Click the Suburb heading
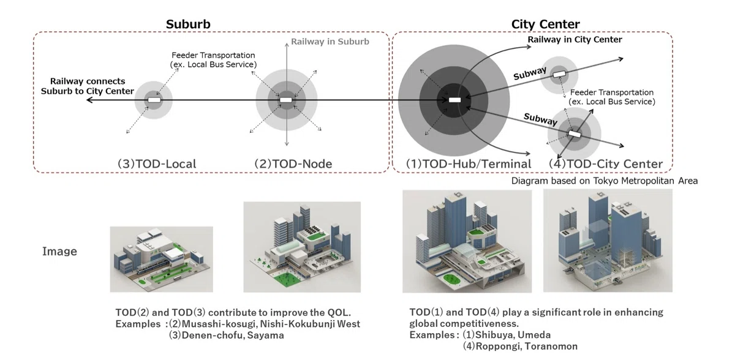pos(188,24)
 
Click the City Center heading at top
pos(545,24)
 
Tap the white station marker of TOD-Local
pos(154,100)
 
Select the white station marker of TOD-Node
pos(286,100)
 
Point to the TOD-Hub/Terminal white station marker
pos(454,100)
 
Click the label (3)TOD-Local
pos(157,164)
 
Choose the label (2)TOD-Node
pos(293,164)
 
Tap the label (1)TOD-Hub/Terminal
pos(469,164)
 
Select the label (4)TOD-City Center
pos(606,164)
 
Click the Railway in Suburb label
pos(330,42)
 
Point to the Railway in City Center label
pos(575,40)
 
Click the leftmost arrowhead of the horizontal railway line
pos(89,100)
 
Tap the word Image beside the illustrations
pos(60,252)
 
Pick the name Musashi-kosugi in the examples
pos(219,324)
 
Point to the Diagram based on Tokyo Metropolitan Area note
pos(605,181)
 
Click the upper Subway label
pos(530,73)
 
